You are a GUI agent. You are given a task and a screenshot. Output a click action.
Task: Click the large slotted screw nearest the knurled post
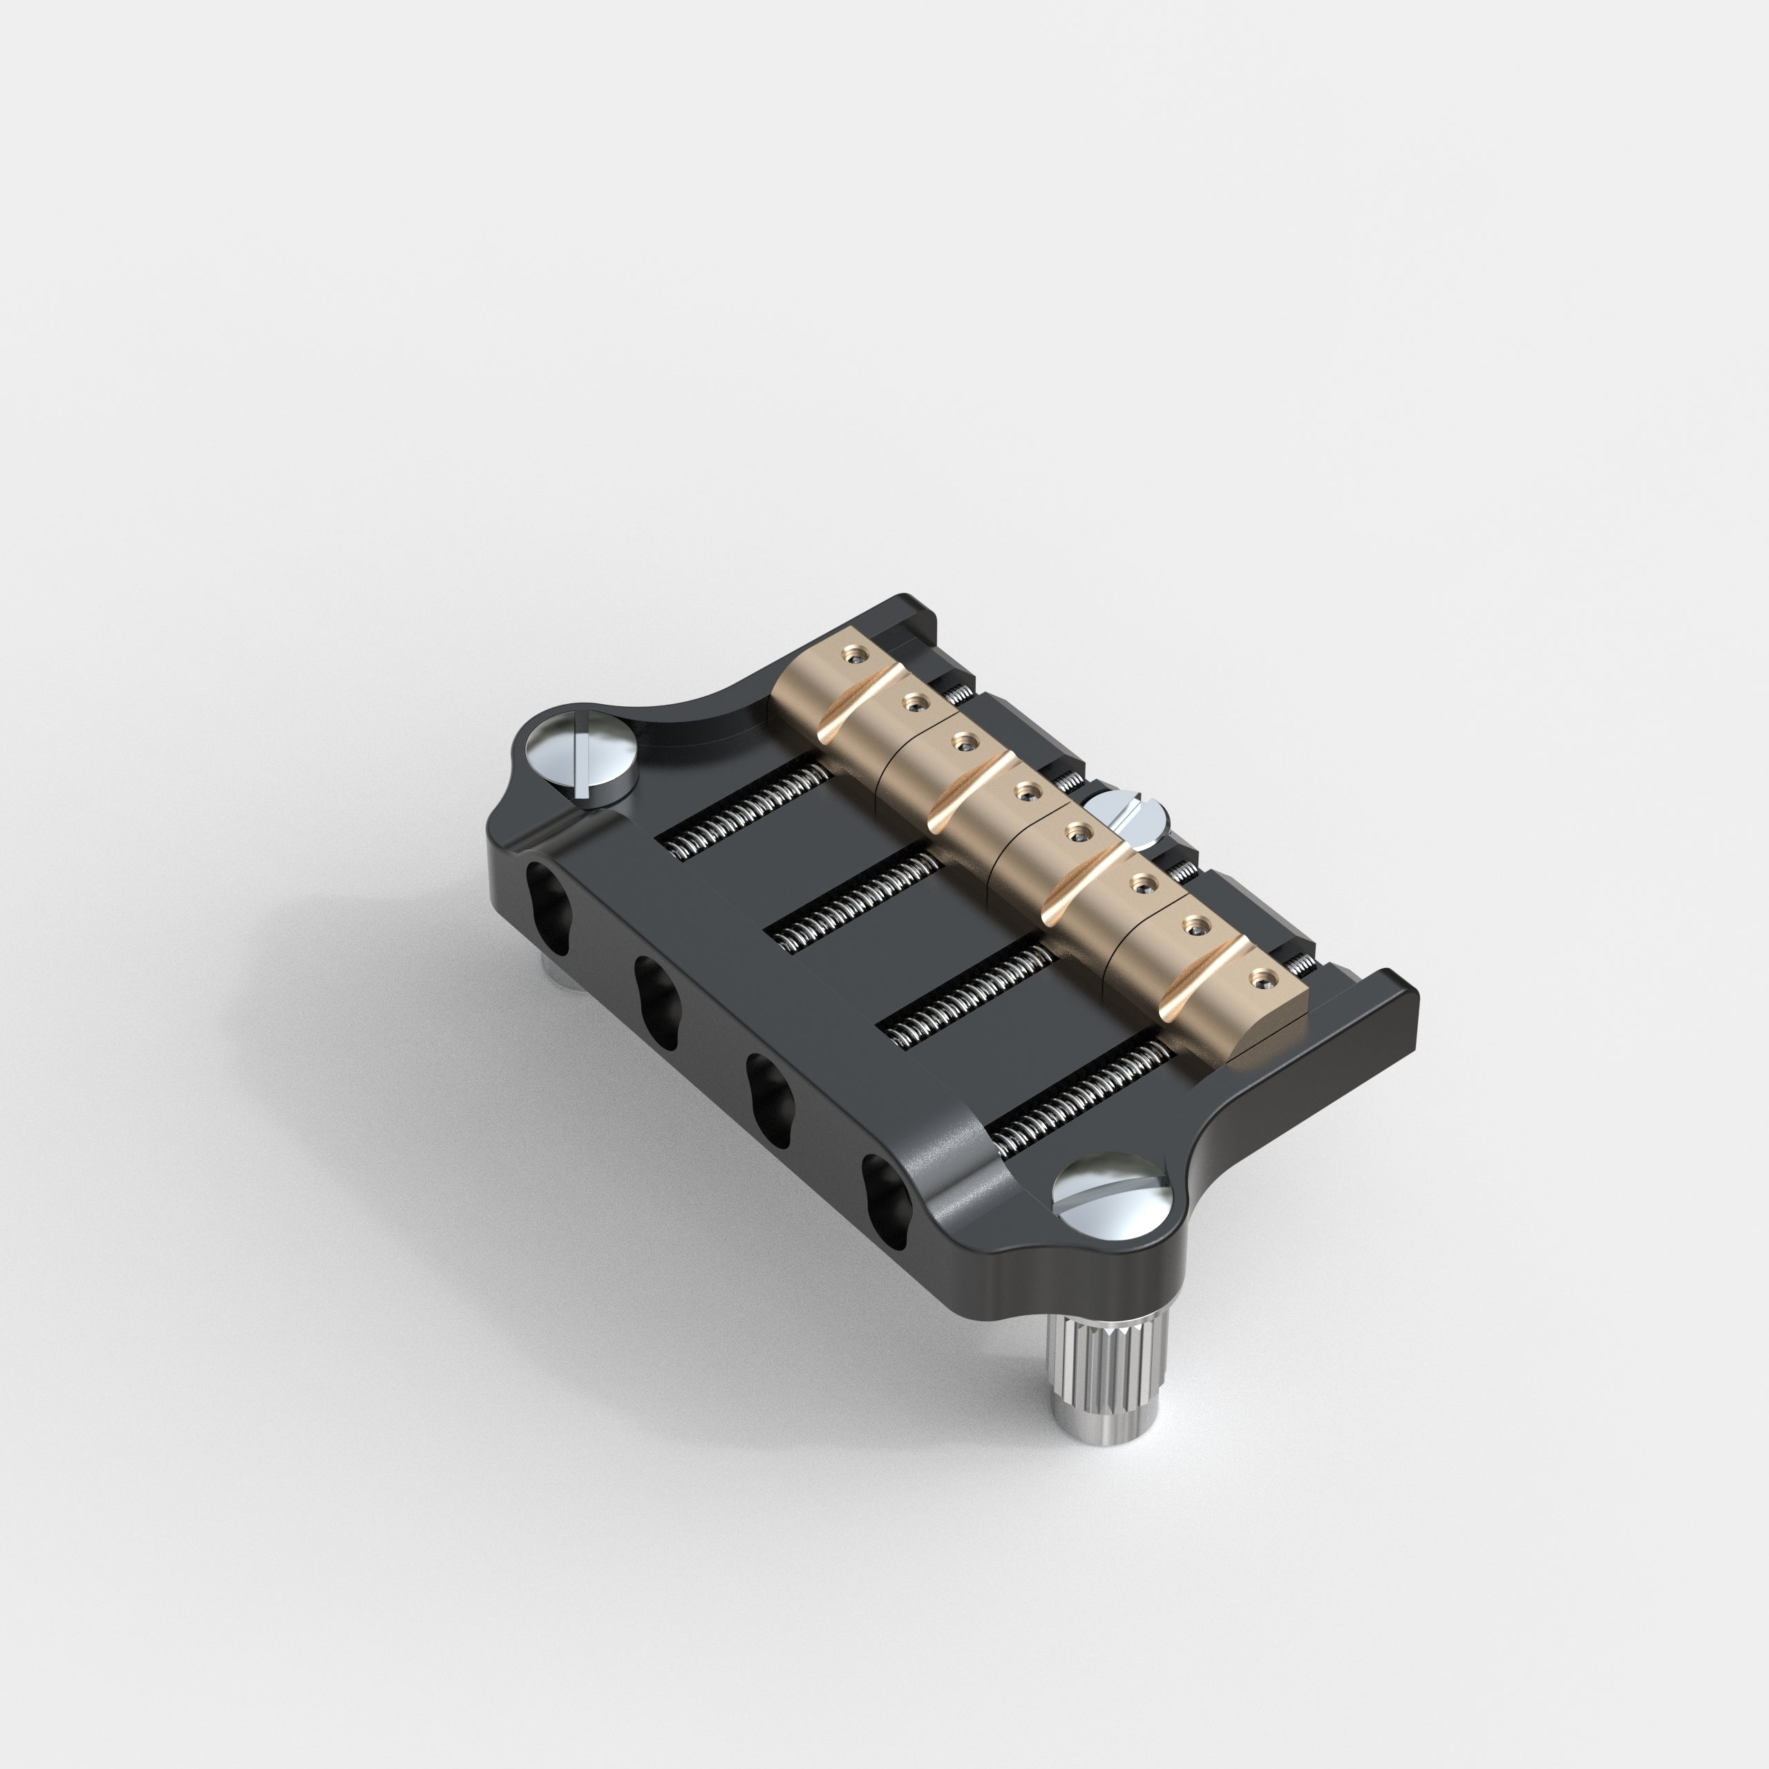tap(1110, 1196)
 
